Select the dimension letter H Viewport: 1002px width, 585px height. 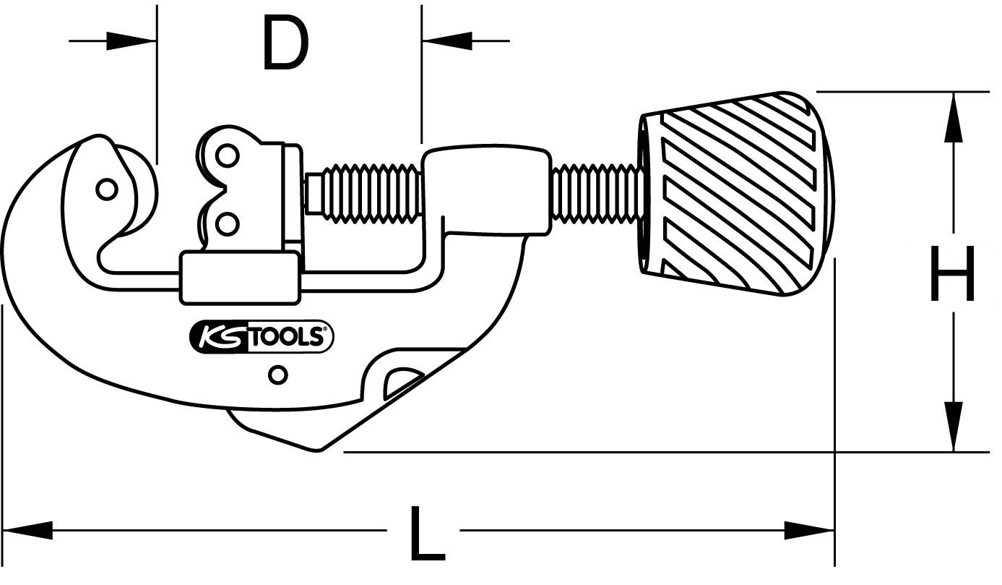(952, 273)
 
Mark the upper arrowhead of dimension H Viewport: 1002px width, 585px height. (954, 116)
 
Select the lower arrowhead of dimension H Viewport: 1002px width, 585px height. (954, 427)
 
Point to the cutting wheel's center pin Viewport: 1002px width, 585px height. (106, 189)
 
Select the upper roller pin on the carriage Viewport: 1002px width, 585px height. (228, 155)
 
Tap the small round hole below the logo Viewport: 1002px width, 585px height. (277, 375)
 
